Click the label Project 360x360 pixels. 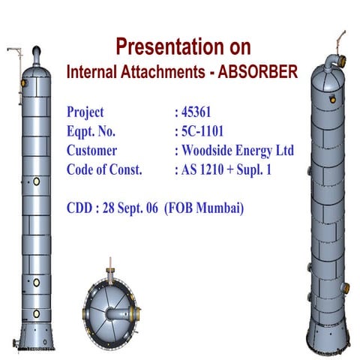tap(85, 113)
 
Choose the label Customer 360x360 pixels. tap(91, 151)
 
